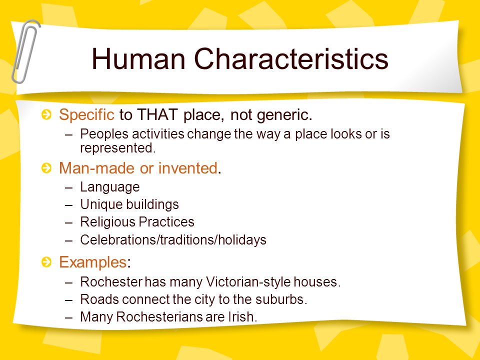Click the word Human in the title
point(138,58)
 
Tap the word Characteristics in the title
point(291,58)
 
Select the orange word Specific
point(86,115)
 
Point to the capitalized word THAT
point(157,114)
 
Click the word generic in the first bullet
point(284,115)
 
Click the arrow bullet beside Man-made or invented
point(46,168)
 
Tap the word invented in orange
point(187,168)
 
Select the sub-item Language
point(110,187)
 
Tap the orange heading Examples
point(93,262)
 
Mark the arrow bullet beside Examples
point(46,262)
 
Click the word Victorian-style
point(248,281)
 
